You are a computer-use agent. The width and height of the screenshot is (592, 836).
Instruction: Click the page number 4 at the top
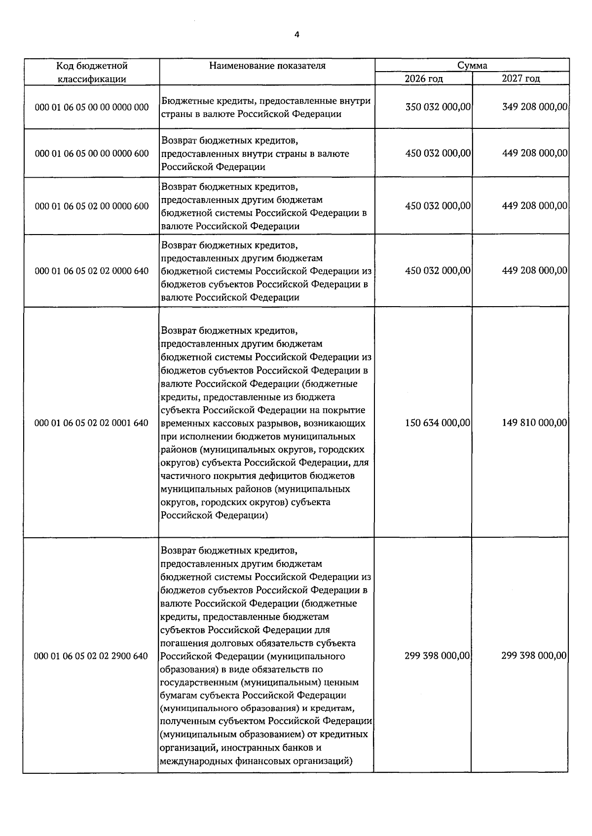[x=296, y=34]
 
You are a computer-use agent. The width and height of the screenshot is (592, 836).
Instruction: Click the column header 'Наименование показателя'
[x=267, y=66]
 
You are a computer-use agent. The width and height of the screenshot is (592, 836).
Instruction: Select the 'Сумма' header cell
[x=472, y=65]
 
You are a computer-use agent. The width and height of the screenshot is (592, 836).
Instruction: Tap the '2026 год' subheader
[x=424, y=79]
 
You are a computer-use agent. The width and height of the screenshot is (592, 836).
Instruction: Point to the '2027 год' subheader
[x=521, y=79]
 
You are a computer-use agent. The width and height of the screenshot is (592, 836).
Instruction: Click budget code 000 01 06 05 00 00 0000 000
[x=92, y=107]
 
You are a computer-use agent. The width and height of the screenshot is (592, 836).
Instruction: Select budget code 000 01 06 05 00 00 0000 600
[x=92, y=154]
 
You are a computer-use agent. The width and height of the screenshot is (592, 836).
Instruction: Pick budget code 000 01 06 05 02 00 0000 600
[x=92, y=206]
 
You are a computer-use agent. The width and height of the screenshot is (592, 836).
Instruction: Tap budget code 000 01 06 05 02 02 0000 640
[x=92, y=271]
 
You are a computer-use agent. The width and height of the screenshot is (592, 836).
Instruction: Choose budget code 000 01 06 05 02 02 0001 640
[x=92, y=423]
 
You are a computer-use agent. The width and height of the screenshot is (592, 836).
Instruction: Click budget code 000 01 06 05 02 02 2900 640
[x=91, y=656]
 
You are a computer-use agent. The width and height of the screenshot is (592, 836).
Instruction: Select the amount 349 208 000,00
[x=535, y=107]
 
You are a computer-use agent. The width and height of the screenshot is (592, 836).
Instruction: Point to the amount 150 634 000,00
[x=438, y=423]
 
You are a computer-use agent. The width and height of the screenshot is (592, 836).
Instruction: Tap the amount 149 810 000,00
[x=535, y=423]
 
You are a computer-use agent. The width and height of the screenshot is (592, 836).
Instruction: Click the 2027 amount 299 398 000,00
[x=534, y=656]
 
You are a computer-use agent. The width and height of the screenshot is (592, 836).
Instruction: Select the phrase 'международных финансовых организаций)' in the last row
[x=256, y=761]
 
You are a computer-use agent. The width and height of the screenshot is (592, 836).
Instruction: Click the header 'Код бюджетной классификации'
[x=92, y=72]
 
